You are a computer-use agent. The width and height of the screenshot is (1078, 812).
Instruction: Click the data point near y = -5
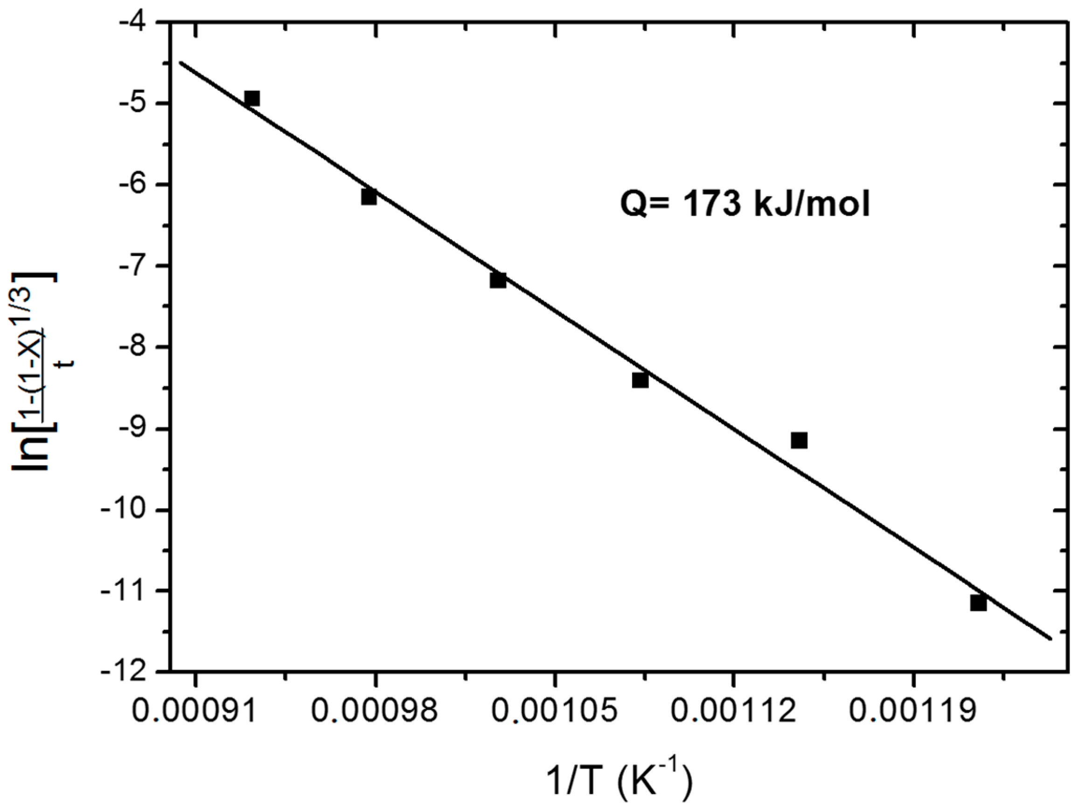click(251, 99)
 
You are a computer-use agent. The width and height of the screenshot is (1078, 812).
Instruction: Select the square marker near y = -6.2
click(369, 197)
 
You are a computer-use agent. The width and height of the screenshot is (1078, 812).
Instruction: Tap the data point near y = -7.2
click(498, 281)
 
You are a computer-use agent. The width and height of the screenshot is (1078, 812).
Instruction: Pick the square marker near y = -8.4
click(640, 380)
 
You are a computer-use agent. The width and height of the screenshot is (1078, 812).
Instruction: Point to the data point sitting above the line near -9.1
click(799, 440)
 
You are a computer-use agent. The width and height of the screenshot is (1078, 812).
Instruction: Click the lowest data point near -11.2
click(978, 603)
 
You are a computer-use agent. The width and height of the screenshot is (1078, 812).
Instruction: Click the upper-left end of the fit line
click(181, 63)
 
